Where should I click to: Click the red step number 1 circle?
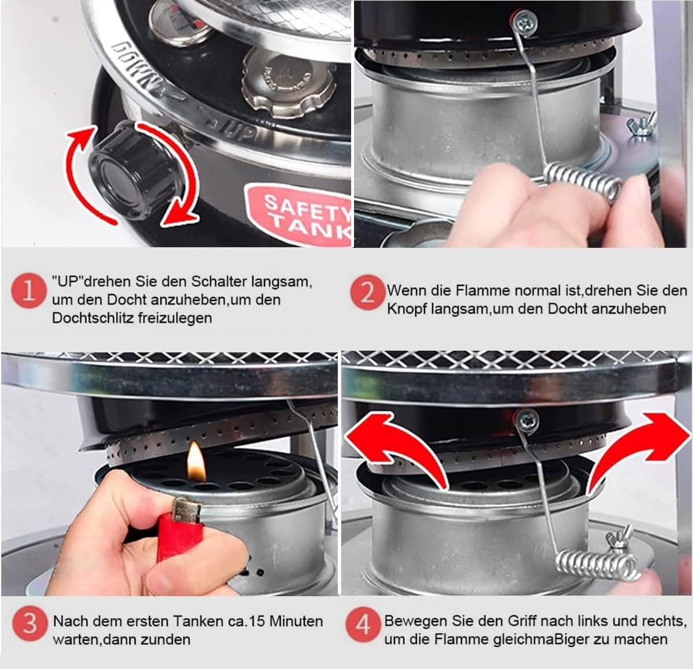[x=29, y=291]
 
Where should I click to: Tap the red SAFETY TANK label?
[x=299, y=213]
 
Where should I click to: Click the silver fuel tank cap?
[x=288, y=83]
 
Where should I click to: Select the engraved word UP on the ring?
[x=239, y=132]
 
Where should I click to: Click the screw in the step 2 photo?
[x=523, y=23]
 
